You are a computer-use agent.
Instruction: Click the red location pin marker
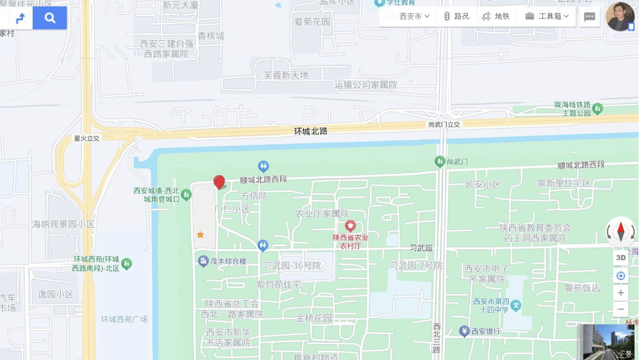click(219, 182)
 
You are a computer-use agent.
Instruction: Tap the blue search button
click(50, 18)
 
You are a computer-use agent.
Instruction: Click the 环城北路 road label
click(310, 131)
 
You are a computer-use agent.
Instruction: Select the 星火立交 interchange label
click(87, 138)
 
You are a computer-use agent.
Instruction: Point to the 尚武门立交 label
click(444, 125)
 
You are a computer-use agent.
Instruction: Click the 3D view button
click(621, 257)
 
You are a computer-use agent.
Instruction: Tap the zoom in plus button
click(621, 293)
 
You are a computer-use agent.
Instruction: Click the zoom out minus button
click(621, 309)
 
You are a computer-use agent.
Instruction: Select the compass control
click(621, 231)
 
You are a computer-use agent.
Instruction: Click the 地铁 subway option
click(496, 16)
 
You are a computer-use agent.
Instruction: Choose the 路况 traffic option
click(456, 16)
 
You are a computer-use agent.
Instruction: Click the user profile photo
click(620, 17)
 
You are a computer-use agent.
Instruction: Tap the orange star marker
click(200, 234)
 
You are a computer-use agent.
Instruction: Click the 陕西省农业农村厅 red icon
click(350, 226)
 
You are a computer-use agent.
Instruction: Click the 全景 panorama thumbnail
click(608, 342)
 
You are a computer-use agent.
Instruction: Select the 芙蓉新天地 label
click(286, 75)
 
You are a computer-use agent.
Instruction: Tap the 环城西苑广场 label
click(124, 319)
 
